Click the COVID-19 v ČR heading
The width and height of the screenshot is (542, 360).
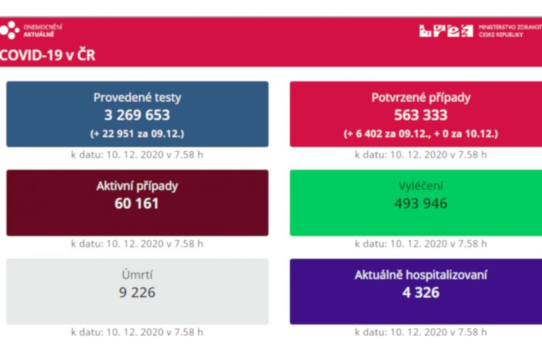[x=47, y=55]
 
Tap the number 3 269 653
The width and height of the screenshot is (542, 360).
[x=137, y=115]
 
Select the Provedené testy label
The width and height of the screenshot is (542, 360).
[x=137, y=98]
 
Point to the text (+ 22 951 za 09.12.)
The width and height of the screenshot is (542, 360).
[x=137, y=133]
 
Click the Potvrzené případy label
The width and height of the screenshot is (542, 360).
[x=421, y=98]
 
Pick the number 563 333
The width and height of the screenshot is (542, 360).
[x=421, y=115]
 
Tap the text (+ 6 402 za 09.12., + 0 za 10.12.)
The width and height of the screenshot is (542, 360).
[x=421, y=133]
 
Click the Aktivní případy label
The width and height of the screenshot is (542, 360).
[x=137, y=186]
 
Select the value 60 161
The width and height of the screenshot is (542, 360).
[x=137, y=204]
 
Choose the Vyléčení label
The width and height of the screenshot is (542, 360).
[x=421, y=186]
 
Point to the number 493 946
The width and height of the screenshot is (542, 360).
[x=421, y=204]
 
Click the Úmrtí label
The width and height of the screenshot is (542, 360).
[x=137, y=275]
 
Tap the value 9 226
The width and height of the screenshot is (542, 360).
[x=137, y=292]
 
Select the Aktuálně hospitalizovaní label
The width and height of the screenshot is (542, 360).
[x=421, y=275]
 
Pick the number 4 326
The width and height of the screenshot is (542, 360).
[x=421, y=292]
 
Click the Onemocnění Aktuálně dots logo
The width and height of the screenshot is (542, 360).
[x=10, y=30]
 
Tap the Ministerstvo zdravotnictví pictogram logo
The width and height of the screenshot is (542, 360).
[x=446, y=30]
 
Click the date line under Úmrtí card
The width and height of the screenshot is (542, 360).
[x=137, y=332]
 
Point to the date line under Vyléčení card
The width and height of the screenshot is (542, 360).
[x=421, y=244]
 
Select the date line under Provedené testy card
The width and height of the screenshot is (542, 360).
[x=137, y=155]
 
